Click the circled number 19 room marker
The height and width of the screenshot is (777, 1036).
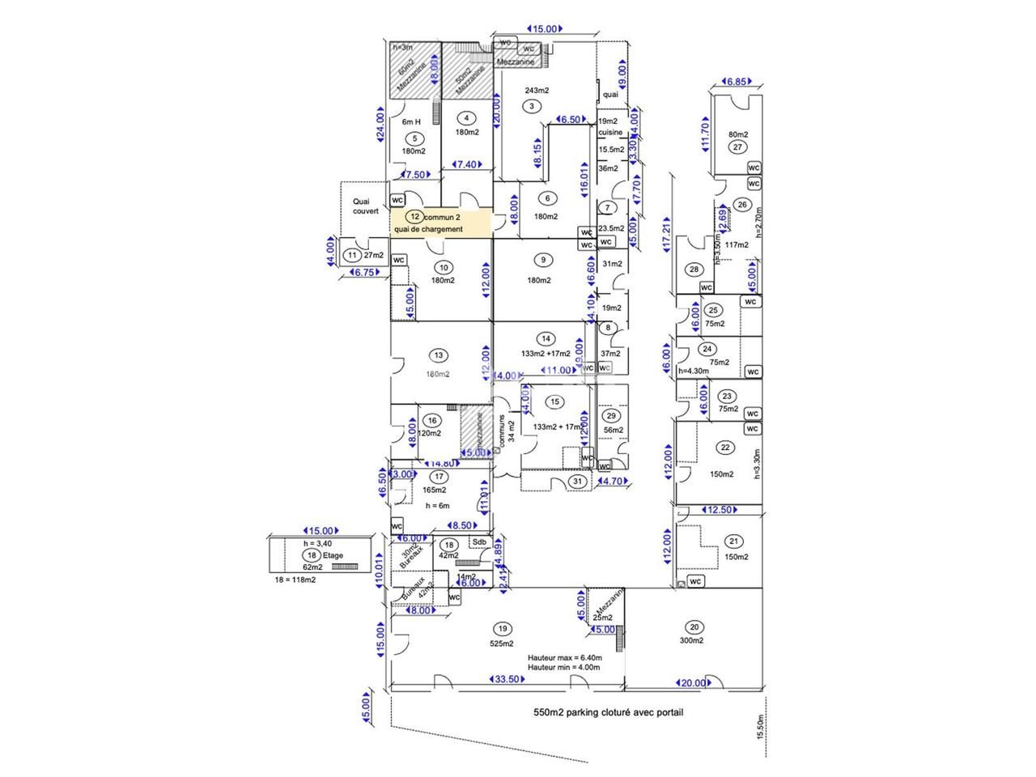503,628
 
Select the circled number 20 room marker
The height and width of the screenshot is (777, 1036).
694,626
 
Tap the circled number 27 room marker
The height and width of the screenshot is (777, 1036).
737,147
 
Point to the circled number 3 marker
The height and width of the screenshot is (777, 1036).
531,105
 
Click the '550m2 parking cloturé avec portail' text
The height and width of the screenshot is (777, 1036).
608,713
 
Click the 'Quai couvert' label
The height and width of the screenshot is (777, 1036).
365,206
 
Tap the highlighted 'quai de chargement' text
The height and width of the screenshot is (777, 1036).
428,229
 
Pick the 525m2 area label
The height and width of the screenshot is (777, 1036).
502,643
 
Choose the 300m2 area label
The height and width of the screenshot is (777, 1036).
692,641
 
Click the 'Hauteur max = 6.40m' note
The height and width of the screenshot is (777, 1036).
563,658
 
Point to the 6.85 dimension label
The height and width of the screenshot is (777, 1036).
736,82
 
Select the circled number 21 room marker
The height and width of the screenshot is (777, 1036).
734,541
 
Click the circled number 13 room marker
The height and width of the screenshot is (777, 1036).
439,355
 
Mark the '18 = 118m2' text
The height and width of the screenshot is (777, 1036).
296,580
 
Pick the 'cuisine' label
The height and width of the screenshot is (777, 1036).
610,132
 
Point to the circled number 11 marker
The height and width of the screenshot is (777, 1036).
352,255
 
